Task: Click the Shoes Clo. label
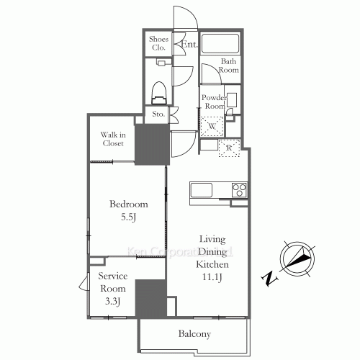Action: [158, 43]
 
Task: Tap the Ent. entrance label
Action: [189, 45]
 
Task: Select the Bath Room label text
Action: [229, 66]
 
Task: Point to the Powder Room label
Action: [214, 102]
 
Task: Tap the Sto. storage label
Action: [158, 114]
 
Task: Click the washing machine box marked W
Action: [212, 127]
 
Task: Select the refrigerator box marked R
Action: [229, 148]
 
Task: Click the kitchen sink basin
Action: [199, 190]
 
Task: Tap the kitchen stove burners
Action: [238, 190]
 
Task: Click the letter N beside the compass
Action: [268, 278]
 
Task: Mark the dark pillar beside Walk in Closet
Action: [152, 144]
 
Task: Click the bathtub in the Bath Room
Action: [221, 43]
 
